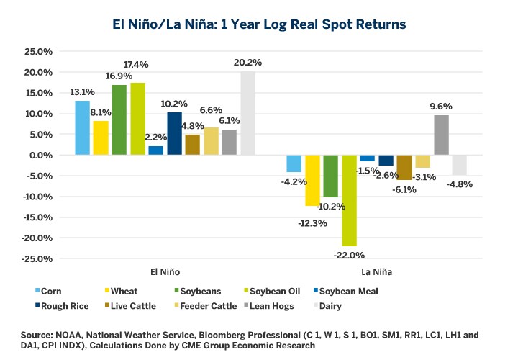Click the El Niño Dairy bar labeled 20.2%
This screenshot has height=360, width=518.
point(247,113)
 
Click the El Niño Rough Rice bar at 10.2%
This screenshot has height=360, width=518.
point(174,134)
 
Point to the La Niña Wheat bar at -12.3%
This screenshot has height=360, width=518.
point(312,181)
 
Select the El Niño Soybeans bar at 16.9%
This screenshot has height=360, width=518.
point(119,120)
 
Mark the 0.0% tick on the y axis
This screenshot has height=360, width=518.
point(40,156)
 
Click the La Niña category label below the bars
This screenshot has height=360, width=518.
point(376,272)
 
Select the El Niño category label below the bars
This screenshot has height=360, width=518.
point(165,272)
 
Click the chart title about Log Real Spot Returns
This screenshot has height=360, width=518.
point(259,24)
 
